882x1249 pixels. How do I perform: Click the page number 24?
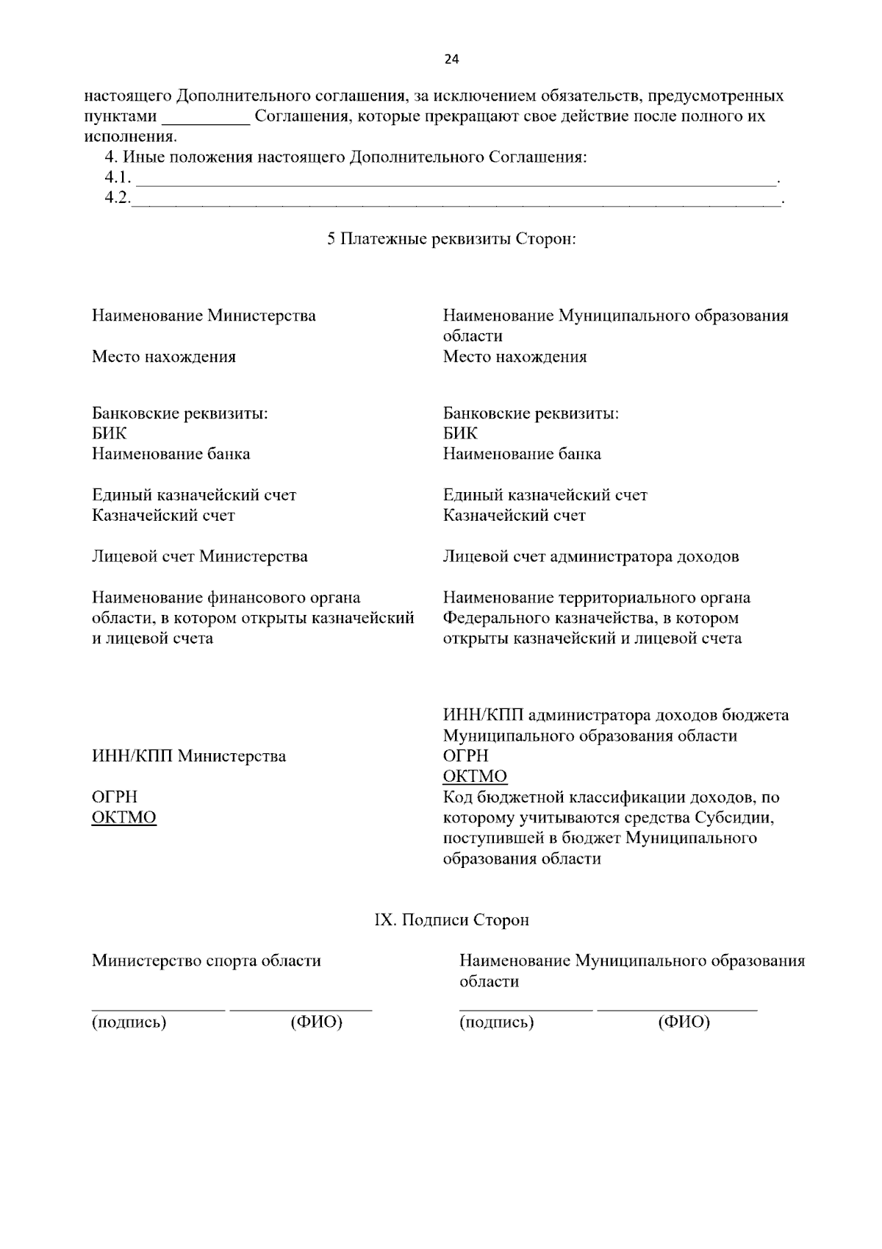click(x=451, y=60)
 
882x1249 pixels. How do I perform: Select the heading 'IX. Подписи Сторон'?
click(x=451, y=920)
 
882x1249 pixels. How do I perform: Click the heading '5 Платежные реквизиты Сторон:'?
click(x=451, y=239)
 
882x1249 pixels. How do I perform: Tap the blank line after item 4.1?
click(x=456, y=179)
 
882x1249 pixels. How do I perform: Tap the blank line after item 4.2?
click(x=456, y=199)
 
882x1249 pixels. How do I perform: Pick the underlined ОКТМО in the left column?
click(x=123, y=818)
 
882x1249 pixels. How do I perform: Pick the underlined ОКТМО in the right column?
click(x=475, y=777)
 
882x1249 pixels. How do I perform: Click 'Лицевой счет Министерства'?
click(x=200, y=556)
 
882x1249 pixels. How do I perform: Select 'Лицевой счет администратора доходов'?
click(x=591, y=556)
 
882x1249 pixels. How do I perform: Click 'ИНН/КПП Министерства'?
click(x=189, y=756)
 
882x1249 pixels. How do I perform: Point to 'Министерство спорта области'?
click(x=207, y=961)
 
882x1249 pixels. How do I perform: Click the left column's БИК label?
click(x=109, y=433)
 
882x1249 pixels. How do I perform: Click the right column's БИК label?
click(x=460, y=433)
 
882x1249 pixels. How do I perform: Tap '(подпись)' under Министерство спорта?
click(x=129, y=1022)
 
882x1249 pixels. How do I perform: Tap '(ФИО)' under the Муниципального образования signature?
click(x=684, y=1022)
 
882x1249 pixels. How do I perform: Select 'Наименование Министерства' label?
click(x=204, y=316)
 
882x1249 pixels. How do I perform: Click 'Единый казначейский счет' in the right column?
click(x=545, y=495)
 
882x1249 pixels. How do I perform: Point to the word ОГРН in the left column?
click(x=115, y=797)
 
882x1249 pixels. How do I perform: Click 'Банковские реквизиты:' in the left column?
click(x=179, y=413)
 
